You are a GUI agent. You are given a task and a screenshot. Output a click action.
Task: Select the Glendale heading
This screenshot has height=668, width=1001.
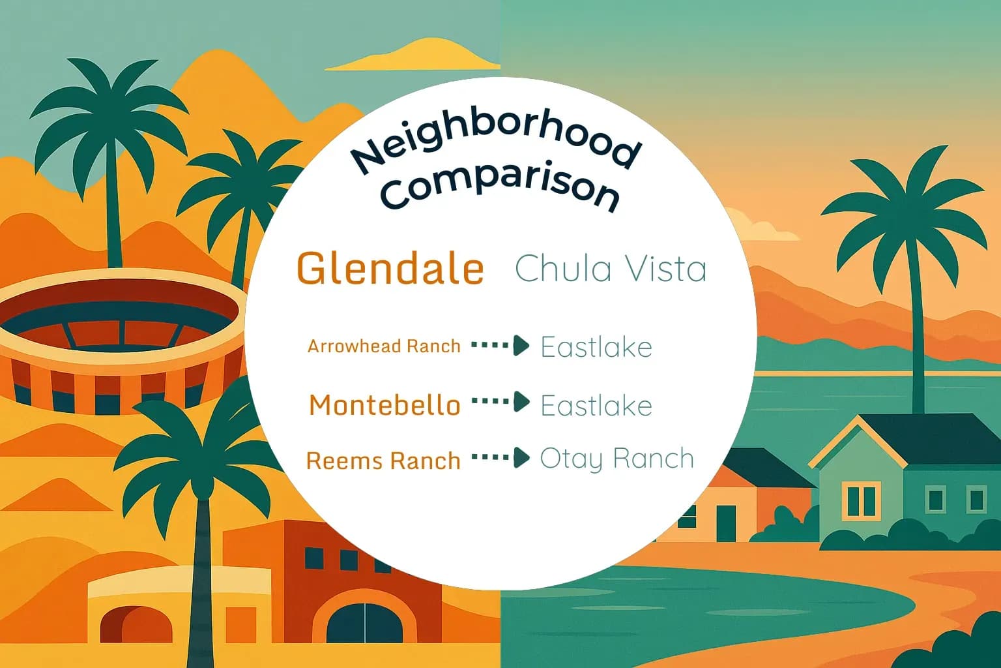[x=390, y=268]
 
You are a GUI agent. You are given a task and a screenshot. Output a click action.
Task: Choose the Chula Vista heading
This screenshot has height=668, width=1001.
[x=611, y=268]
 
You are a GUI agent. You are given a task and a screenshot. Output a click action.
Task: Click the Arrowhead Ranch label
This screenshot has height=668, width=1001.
[x=384, y=346]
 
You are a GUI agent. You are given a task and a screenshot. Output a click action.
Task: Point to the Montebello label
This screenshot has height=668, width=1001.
[x=384, y=405]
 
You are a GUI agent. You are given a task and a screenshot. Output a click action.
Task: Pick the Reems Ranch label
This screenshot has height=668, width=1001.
[x=383, y=461]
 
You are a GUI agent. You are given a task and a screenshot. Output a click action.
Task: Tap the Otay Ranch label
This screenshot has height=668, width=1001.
[x=617, y=459]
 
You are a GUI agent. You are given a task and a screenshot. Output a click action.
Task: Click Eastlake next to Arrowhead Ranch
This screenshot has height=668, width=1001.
[x=596, y=346]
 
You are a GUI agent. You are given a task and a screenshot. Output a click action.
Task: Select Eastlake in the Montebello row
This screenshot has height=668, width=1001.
[x=596, y=406]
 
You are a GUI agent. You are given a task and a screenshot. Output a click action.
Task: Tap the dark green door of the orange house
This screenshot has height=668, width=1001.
[x=725, y=523]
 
